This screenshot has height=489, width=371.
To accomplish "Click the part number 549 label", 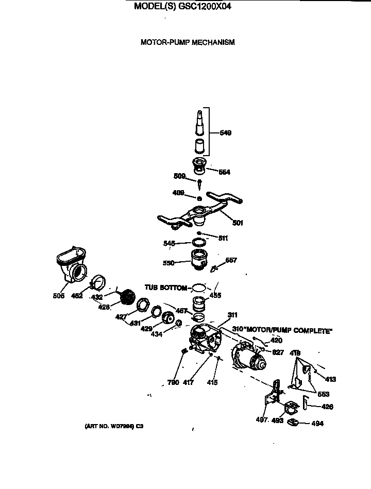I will pyautogui.click(x=225, y=133).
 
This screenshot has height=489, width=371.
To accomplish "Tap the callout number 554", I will pyautogui.click(x=224, y=173).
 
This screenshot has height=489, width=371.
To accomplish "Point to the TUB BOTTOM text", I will pyautogui.click(x=166, y=288).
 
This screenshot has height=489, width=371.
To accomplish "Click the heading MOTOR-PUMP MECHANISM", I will pyautogui.click(x=188, y=42).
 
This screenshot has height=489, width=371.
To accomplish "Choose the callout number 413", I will pyautogui.click(x=330, y=379).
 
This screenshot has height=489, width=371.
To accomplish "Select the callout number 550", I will pyautogui.click(x=167, y=262).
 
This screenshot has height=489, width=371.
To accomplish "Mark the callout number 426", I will pyautogui.click(x=327, y=407).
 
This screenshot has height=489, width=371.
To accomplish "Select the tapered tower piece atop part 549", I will pyautogui.click(x=199, y=122).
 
